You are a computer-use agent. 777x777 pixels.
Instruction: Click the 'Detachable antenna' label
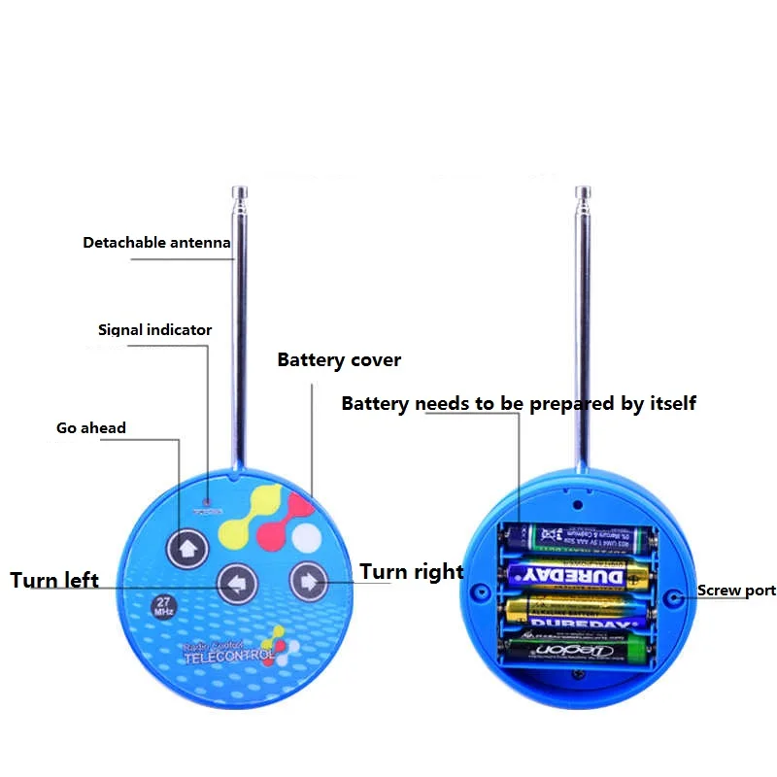point(156,243)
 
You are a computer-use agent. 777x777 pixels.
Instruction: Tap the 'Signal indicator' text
point(154,330)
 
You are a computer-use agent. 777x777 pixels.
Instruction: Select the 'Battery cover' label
point(339,360)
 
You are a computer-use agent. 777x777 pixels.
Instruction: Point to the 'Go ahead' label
point(90,427)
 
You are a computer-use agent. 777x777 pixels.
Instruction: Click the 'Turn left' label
point(54,581)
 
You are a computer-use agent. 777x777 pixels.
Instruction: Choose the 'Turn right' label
point(412,572)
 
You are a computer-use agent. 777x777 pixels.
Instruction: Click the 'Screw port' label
point(736,591)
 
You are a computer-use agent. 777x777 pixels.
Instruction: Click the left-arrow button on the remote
point(236,585)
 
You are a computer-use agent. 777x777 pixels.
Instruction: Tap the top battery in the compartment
point(577,535)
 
